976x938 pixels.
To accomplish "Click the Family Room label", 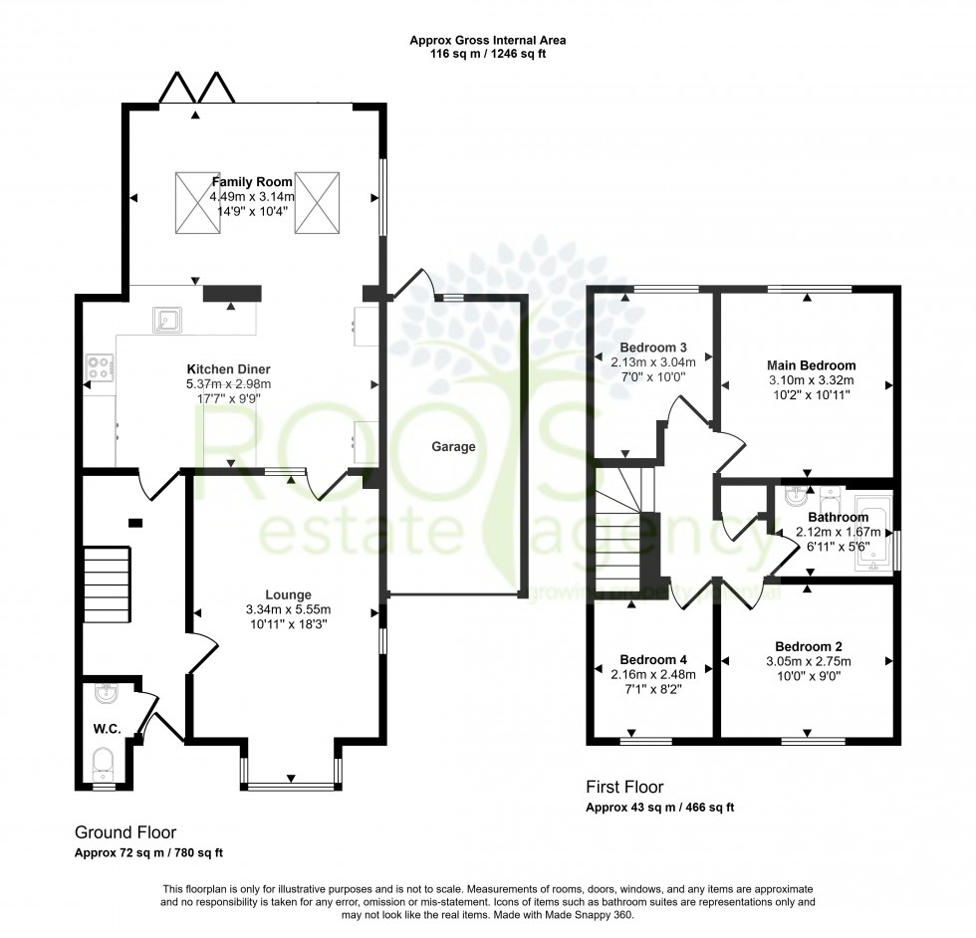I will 252,182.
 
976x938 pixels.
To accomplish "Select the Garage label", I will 453,447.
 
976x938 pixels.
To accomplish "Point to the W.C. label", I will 108,730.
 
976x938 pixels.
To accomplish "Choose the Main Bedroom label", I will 812,365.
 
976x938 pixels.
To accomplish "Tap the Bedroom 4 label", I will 652,659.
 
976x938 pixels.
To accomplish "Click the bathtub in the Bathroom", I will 870,539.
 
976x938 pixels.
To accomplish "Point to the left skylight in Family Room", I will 197,203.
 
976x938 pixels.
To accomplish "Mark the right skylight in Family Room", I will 318,203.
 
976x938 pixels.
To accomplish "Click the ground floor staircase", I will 106,580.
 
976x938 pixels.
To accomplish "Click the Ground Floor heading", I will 125,831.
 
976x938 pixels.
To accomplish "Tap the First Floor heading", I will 624,788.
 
